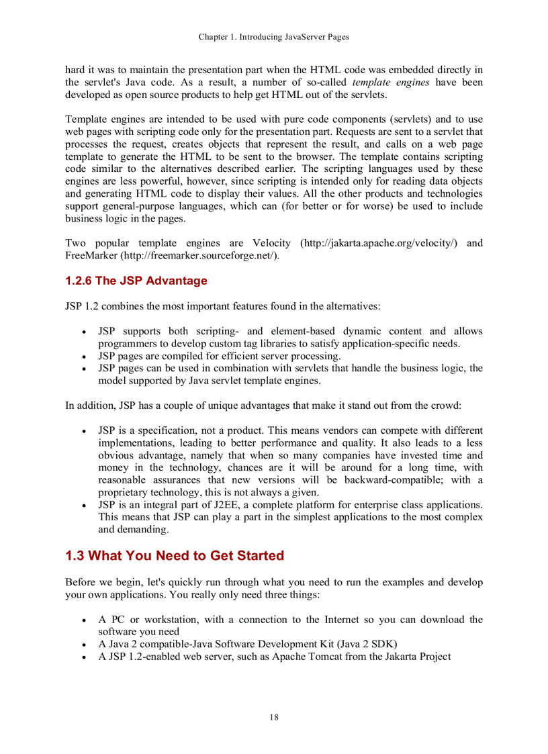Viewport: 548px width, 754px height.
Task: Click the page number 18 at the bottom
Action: [x=274, y=717]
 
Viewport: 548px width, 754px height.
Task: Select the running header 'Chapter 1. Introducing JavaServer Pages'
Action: [x=274, y=37]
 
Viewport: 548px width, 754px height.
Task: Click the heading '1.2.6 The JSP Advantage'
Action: [x=136, y=281]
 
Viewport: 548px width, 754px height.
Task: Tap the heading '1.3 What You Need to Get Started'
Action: [x=175, y=556]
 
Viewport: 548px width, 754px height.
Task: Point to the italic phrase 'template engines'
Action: [x=391, y=83]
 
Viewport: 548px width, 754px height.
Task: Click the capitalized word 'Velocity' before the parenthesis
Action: [x=271, y=243]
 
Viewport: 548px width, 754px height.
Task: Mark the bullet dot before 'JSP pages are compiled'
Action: [x=83, y=357]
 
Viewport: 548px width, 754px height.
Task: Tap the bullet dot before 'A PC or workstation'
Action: [x=83, y=620]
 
